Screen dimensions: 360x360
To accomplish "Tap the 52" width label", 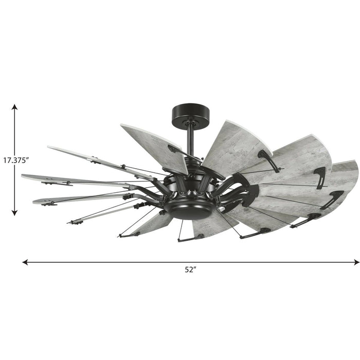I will (191, 271).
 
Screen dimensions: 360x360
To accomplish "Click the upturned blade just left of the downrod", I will (154, 147).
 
